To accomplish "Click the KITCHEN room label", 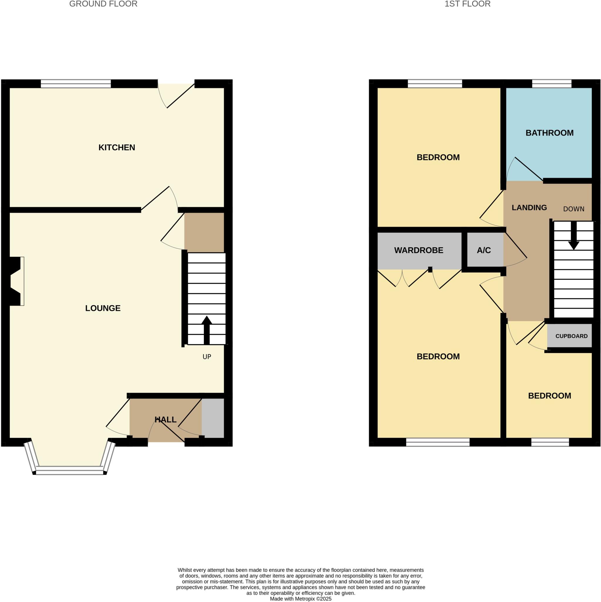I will (x=117, y=147).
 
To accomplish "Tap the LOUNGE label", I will (x=103, y=308).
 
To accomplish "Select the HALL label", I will (x=165, y=420).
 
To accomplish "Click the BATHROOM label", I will (x=549, y=133).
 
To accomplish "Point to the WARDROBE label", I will (x=419, y=250).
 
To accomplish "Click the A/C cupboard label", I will (x=484, y=250).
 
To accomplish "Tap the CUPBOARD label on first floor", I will (x=571, y=336).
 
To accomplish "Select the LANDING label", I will (x=529, y=208).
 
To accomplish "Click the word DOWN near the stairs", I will (x=574, y=209).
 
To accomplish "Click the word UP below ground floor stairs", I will (x=207, y=357).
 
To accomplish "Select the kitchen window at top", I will (x=76, y=83).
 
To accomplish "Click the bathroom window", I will (x=551, y=83).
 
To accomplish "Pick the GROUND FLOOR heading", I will (x=103, y=4).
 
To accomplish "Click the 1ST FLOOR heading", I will (x=467, y=4).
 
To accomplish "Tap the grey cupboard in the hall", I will (x=213, y=418).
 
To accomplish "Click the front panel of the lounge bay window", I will (x=69, y=470).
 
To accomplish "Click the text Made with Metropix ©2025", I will (x=300, y=599).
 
